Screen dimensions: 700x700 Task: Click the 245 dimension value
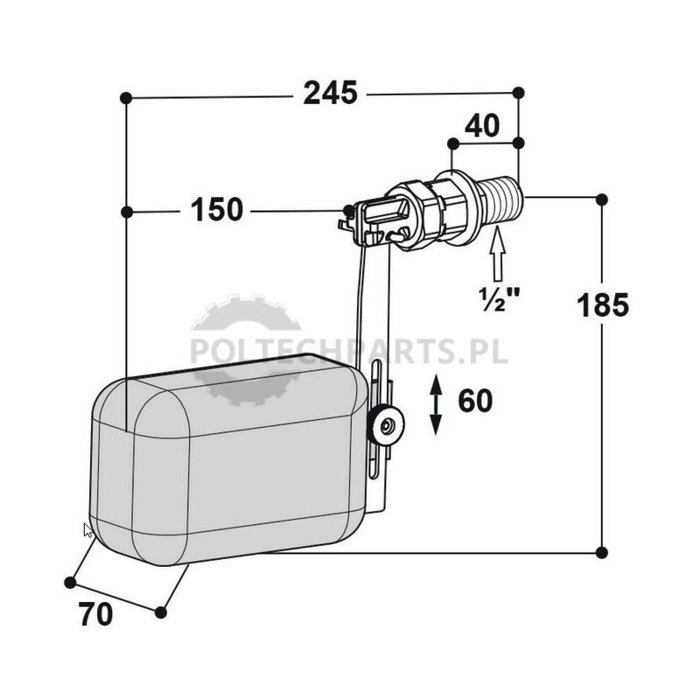[x=331, y=93]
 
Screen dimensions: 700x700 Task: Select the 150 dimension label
[x=217, y=209]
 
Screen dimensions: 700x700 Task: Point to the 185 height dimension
[x=603, y=304]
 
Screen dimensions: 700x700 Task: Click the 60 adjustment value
[x=475, y=401]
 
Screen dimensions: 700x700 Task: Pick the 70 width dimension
[x=96, y=614]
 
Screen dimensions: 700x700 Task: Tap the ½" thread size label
[x=499, y=298]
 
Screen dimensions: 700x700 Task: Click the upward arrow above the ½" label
[x=498, y=255]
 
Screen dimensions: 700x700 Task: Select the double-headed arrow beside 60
[x=436, y=405]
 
